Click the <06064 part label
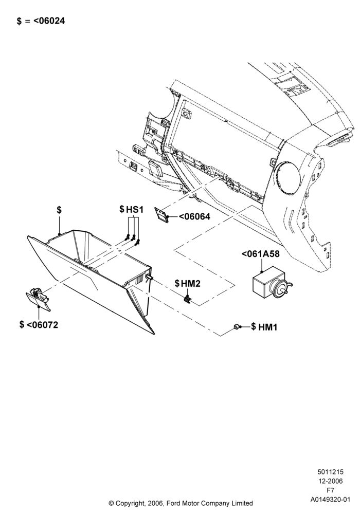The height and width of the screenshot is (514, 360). point(194,217)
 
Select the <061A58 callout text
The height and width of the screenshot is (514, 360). point(261,254)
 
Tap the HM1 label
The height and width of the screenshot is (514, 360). point(268,327)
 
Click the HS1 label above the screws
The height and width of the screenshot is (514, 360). point(135,210)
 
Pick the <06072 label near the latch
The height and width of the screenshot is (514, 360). point(42,325)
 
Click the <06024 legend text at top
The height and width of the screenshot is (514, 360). point(49,21)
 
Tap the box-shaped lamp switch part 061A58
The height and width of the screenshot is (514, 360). point(271,282)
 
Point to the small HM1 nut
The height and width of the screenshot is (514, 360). point(236,326)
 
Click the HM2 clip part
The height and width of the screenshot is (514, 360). point(187,299)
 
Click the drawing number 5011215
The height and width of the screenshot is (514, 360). point(330,472)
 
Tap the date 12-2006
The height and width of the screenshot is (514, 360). point(331,481)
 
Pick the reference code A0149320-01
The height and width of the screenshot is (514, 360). point(331,500)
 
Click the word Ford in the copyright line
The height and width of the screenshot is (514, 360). point(174,503)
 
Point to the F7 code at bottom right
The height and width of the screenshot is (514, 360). point(331,490)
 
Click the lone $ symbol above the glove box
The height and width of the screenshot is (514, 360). point(59,210)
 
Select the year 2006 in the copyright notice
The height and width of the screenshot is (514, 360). point(154,503)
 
